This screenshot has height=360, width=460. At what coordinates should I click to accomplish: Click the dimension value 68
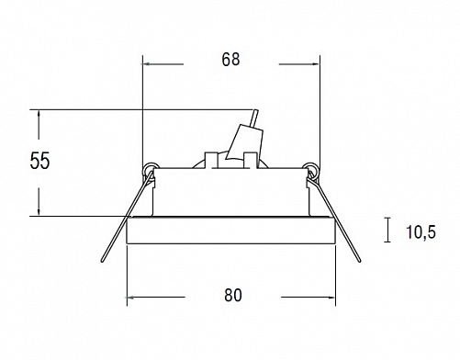coord(230,60)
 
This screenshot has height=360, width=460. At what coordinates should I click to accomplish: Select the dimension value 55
coord(39,161)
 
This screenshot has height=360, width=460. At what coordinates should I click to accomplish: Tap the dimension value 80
coord(233,295)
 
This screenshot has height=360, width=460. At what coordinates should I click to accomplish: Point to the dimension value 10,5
coord(421,231)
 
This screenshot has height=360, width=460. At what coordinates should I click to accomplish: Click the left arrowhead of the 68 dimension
coord(146,64)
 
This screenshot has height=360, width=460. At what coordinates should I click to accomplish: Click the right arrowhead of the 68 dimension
coord(316,64)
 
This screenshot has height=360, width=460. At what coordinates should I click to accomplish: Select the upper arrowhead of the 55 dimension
coord(39,114)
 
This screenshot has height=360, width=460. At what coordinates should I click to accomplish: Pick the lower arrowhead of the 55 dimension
coord(39,212)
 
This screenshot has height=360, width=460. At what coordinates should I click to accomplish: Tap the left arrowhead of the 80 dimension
coord(130,297)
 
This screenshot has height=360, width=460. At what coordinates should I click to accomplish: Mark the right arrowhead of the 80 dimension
coord(331,297)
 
